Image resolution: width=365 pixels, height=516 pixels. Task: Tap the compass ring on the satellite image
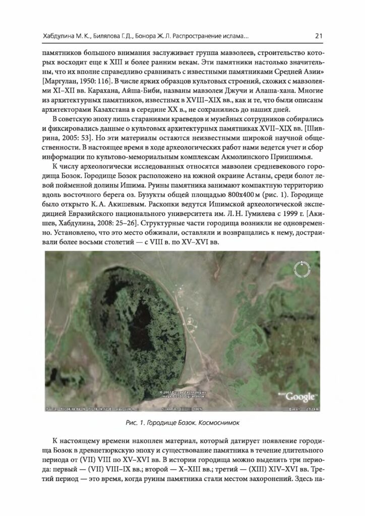[x=303, y=269]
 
